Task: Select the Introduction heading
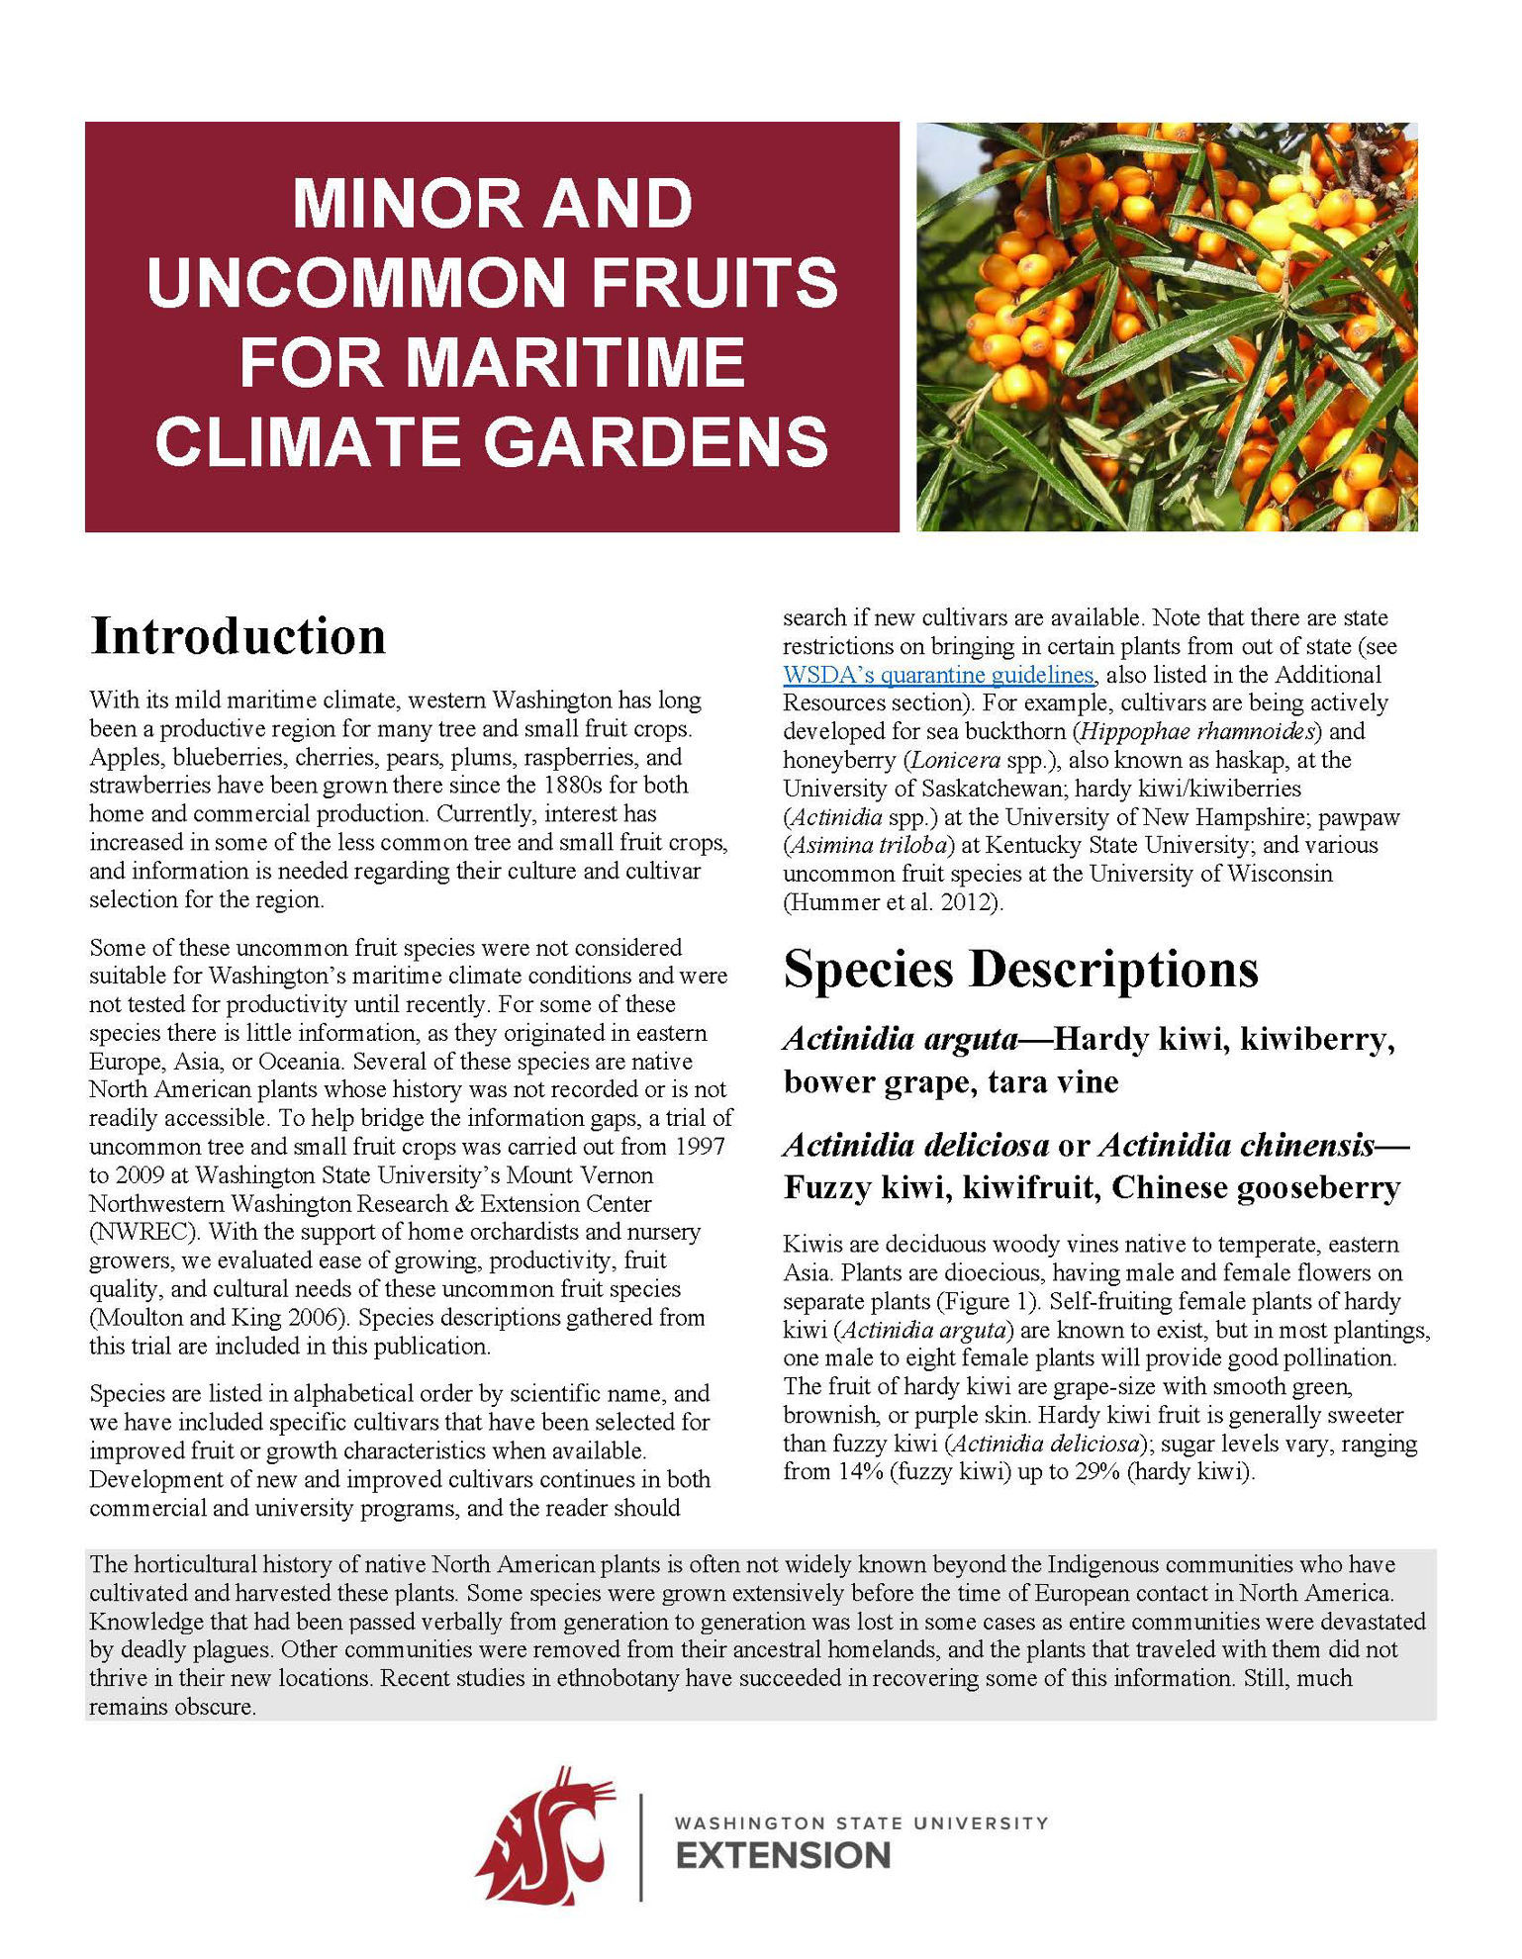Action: click(238, 636)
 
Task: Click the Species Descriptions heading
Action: click(1020, 969)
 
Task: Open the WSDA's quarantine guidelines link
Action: click(938, 675)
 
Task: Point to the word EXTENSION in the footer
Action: click(783, 1856)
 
